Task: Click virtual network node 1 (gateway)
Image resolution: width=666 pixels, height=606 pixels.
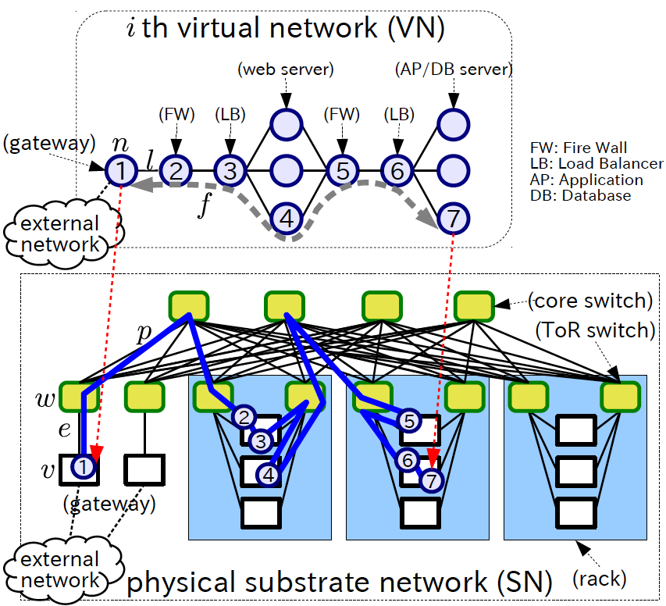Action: click(121, 169)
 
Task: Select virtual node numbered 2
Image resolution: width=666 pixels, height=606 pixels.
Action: click(176, 169)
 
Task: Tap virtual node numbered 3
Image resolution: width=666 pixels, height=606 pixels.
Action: click(230, 169)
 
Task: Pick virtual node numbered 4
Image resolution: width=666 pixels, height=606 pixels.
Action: click(287, 219)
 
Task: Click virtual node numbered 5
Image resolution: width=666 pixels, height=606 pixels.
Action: click(342, 169)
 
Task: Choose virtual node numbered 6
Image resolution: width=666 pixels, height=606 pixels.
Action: click(397, 169)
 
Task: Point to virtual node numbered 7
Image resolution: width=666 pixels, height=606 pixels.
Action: click(452, 219)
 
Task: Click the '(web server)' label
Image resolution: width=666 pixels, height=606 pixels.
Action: click(285, 70)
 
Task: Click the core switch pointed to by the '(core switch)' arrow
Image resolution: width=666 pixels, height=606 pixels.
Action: click(474, 305)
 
